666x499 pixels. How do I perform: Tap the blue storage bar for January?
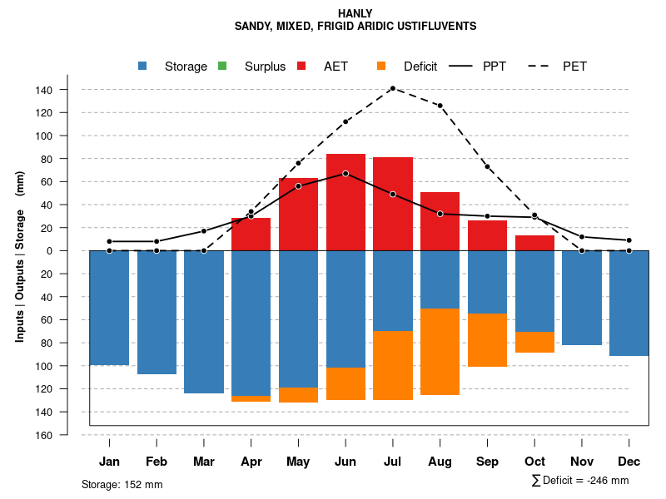109,308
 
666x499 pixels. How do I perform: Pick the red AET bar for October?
534,243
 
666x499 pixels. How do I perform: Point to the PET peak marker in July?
392,88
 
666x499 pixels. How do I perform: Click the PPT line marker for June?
345,174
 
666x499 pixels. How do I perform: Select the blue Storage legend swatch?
143,67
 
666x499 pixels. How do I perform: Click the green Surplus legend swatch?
222,67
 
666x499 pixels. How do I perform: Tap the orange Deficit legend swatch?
381,67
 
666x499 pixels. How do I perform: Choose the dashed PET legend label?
574,67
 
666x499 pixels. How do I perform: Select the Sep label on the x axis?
487,462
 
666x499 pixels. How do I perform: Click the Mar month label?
203,462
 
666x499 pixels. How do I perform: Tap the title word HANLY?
355,13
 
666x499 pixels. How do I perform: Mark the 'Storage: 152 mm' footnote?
122,484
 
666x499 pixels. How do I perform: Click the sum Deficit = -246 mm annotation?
580,481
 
